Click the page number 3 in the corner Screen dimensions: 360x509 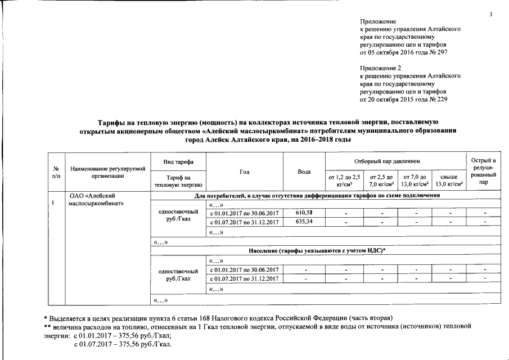point(490,14)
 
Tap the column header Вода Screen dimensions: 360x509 point(304,171)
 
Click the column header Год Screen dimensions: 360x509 point(245,171)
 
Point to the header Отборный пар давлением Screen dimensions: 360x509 point(395,161)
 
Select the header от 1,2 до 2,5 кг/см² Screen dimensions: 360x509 point(344,180)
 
